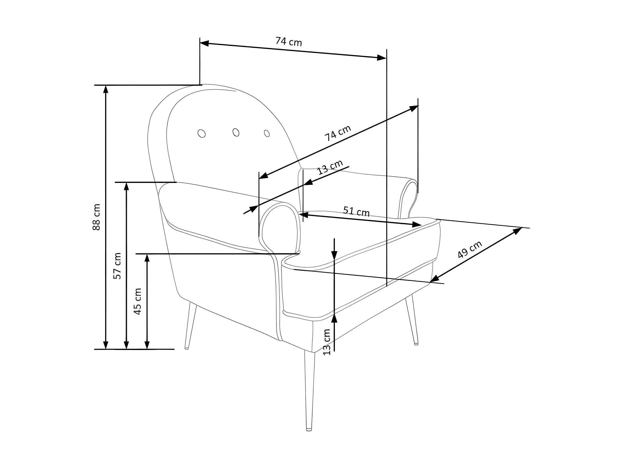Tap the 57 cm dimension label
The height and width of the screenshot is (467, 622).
pos(117,266)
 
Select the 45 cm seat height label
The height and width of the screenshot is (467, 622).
pos(138,301)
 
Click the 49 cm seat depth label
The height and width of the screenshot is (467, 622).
pos(470,249)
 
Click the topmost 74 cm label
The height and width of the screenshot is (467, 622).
pos(289,42)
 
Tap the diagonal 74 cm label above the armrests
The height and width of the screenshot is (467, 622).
pos(338,133)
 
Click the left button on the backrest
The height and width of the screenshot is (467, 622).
pos(202,133)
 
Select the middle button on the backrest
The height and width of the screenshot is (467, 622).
pos(236,132)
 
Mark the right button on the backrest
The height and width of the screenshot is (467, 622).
pos(267,133)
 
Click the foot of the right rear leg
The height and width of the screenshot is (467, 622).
pos(416,343)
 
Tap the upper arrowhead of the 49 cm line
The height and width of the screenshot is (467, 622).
pos(518,230)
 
